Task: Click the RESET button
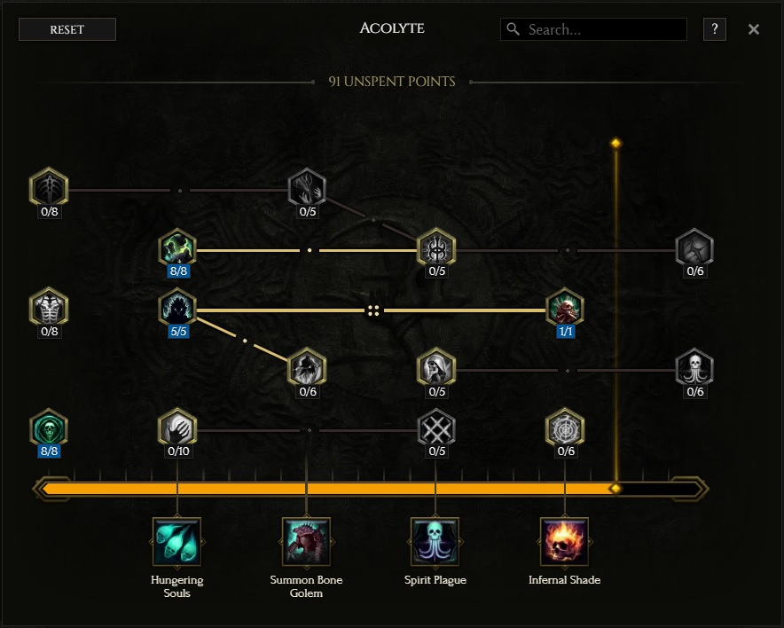point(67,29)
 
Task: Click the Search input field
point(593,29)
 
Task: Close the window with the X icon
point(754,29)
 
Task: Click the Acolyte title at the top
point(392,28)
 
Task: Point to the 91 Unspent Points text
point(392,82)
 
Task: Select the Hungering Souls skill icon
point(177,541)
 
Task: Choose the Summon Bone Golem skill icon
point(306,541)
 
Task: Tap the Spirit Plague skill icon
point(435,541)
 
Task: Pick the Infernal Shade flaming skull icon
point(565,541)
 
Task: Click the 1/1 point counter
point(566,332)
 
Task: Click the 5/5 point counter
point(178,332)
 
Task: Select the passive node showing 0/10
point(177,428)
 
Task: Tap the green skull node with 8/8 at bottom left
point(49,428)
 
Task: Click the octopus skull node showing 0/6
point(694,368)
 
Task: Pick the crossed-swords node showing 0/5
point(436,428)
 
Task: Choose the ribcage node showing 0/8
point(49,308)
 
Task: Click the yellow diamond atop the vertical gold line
point(616,144)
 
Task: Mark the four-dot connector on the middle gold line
point(373,311)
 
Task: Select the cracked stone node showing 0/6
point(694,248)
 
